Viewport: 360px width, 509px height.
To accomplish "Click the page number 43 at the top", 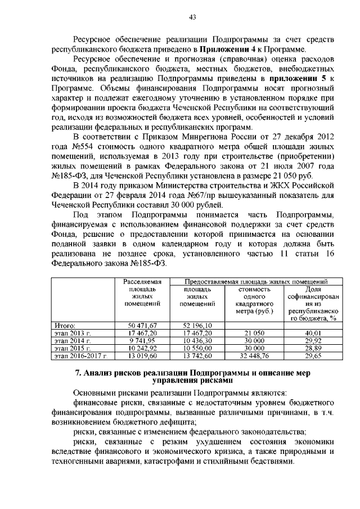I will (192, 17).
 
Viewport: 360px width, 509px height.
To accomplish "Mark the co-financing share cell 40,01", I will (312, 333).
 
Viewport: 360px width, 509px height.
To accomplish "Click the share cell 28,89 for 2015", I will (312, 349).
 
